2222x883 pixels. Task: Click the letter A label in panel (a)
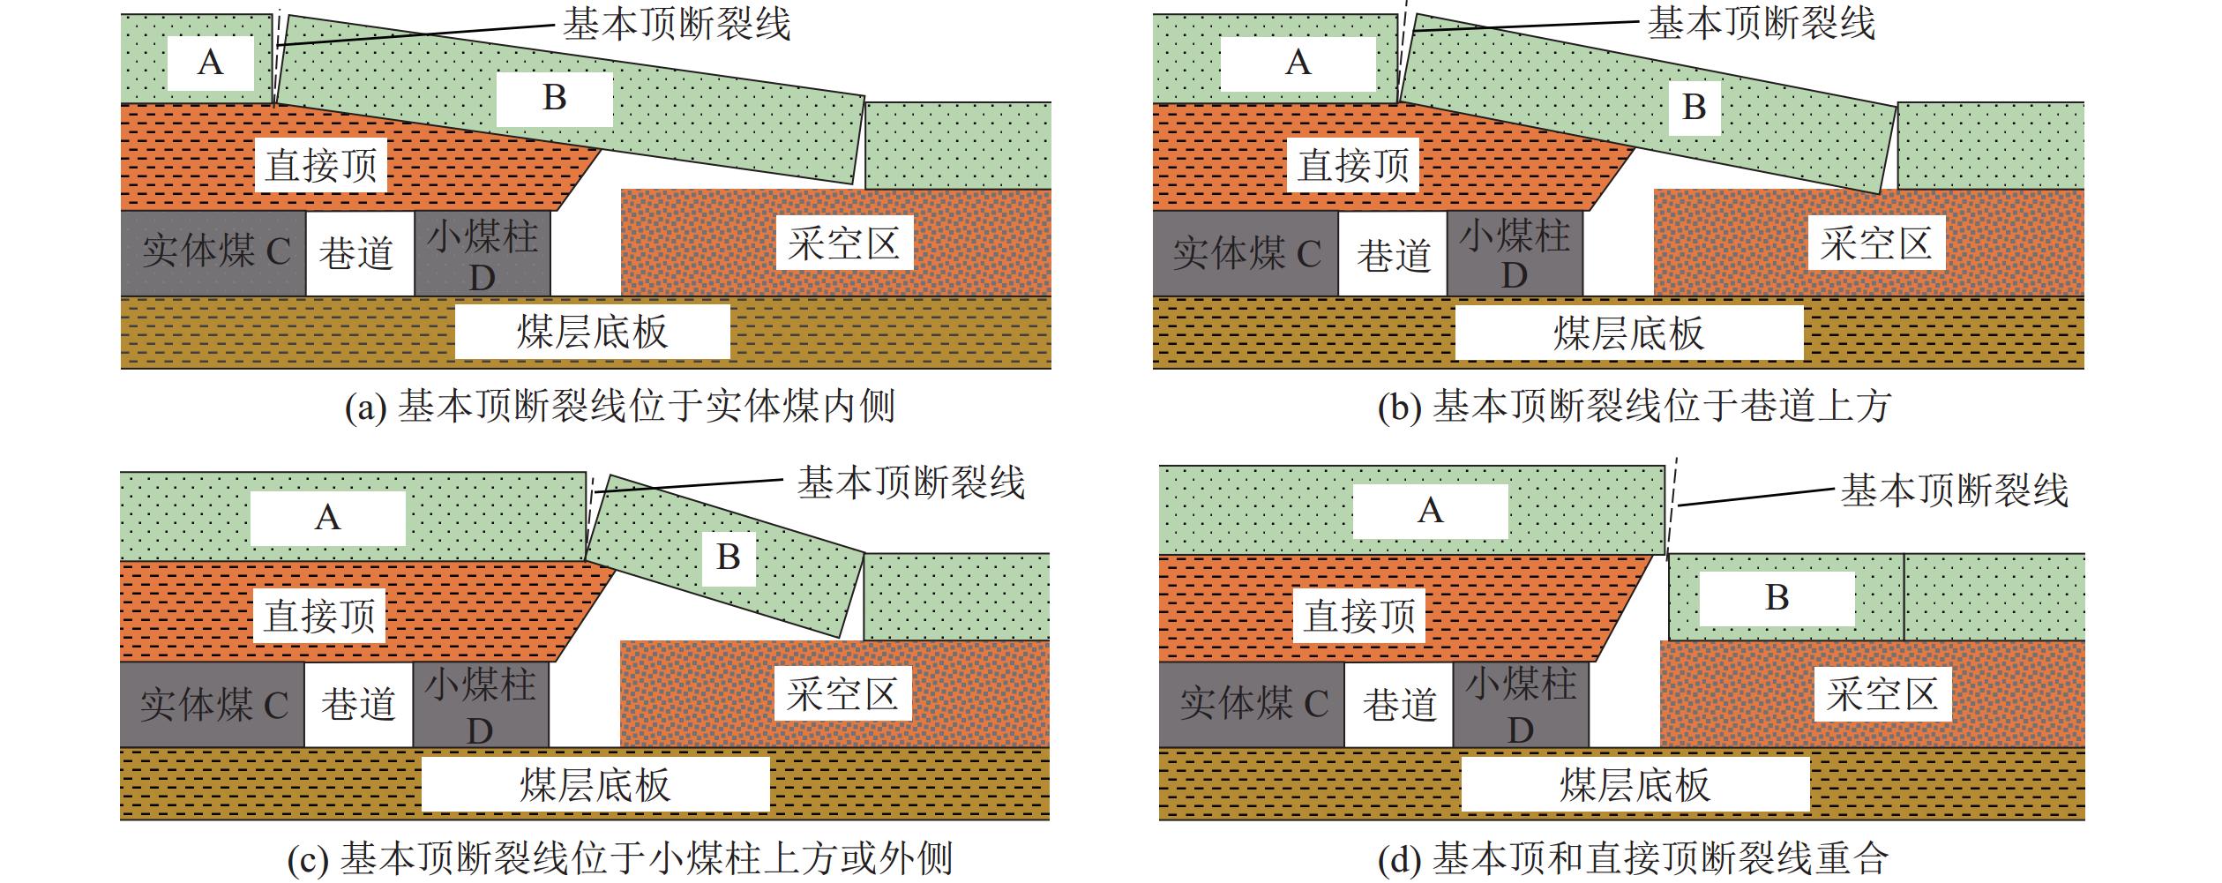pos(211,63)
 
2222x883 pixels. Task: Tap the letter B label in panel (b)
pos(1694,107)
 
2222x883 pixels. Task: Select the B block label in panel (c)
pos(729,557)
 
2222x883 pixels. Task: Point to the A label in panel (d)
pos(1430,511)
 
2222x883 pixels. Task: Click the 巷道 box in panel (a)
pos(359,254)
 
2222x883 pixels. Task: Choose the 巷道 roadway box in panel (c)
pos(358,705)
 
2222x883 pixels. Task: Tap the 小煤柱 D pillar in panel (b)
pos(1515,254)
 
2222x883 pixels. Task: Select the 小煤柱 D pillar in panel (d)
pos(1521,705)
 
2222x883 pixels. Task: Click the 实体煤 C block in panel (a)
pos(214,253)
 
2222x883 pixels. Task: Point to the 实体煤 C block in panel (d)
pos(1253,704)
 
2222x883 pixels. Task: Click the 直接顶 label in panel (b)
pos(1353,165)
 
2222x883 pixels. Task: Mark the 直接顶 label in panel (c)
pos(320,616)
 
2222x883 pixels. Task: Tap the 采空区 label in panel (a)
pos(844,243)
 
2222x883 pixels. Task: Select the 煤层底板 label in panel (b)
pos(1628,333)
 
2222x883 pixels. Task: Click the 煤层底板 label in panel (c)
pos(595,785)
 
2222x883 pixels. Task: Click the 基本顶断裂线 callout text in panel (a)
pos(677,25)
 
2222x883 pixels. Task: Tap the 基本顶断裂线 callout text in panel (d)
pos(1954,490)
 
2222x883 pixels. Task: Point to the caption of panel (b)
pos(1634,407)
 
